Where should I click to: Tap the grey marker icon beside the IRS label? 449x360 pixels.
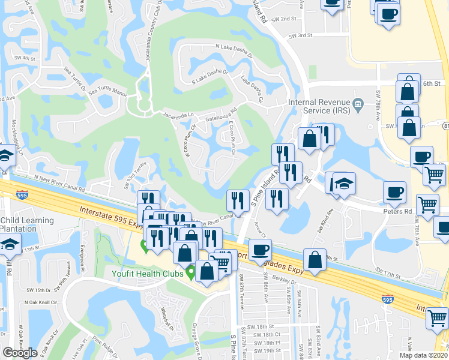[x=358, y=104]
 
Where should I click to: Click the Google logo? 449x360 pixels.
[x=20, y=353]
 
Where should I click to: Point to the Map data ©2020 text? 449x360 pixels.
[x=424, y=355]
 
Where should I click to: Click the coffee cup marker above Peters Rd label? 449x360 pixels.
[x=394, y=191]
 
